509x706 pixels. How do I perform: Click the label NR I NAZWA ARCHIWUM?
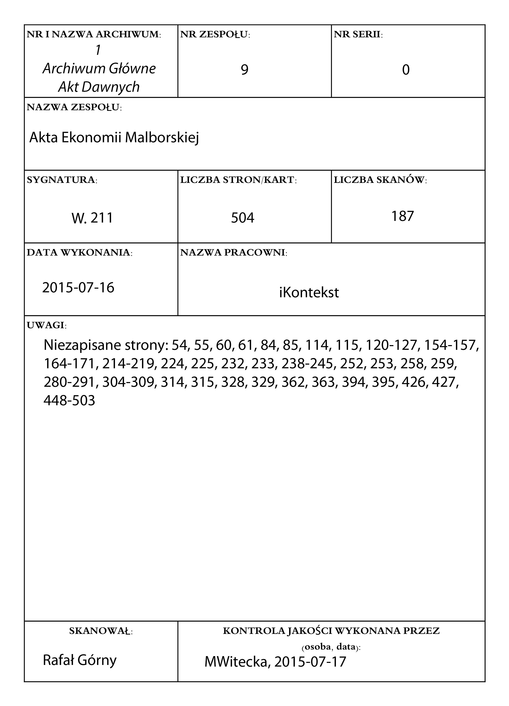[94, 34]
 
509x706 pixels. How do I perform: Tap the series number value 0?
[406, 70]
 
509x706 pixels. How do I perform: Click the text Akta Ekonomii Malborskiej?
[114, 138]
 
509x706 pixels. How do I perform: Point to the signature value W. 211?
[92, 218]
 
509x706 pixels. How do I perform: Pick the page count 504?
[242, 218]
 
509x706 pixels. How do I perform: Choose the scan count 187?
[402, 216]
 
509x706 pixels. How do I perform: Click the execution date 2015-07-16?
[78, 287]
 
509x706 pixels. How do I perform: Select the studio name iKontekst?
[309, 293]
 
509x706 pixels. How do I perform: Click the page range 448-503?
[69, 401]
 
